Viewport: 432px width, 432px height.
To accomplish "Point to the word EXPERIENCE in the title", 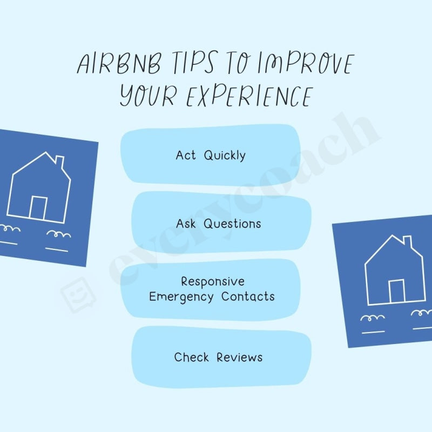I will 249,96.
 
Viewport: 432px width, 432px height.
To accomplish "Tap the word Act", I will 186,156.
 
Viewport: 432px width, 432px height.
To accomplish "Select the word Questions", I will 232,224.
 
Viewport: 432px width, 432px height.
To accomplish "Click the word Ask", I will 186,224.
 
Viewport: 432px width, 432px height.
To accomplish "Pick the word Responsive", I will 212,281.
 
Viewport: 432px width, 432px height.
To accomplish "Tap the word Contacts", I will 248,296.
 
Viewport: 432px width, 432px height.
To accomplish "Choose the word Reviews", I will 240,357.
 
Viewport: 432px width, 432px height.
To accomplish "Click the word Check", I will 191,357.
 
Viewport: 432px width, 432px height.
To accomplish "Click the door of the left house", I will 38,207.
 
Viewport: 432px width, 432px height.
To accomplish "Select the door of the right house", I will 397,291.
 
